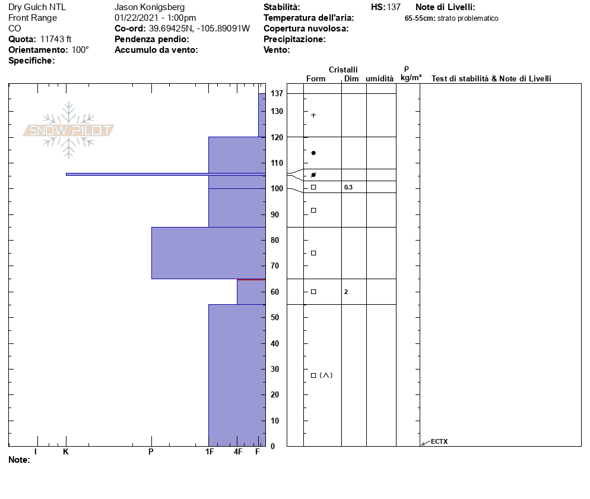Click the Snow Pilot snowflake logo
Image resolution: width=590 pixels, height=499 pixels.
pos(68,130)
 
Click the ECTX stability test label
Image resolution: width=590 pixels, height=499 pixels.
pos(439,441)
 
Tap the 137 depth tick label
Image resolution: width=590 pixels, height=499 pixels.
pos(277,93)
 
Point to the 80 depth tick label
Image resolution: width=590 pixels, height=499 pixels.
pos(275,240)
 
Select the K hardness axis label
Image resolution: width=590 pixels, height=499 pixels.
pos(65,452)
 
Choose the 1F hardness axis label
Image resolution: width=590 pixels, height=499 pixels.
pos(210,452)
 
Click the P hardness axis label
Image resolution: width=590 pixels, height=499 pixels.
pos(151,452)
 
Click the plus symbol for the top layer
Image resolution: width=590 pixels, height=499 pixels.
pos(313,115)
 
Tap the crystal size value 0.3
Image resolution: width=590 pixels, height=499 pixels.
pos(348,187)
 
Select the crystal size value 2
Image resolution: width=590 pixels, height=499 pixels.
pos(346,292)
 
